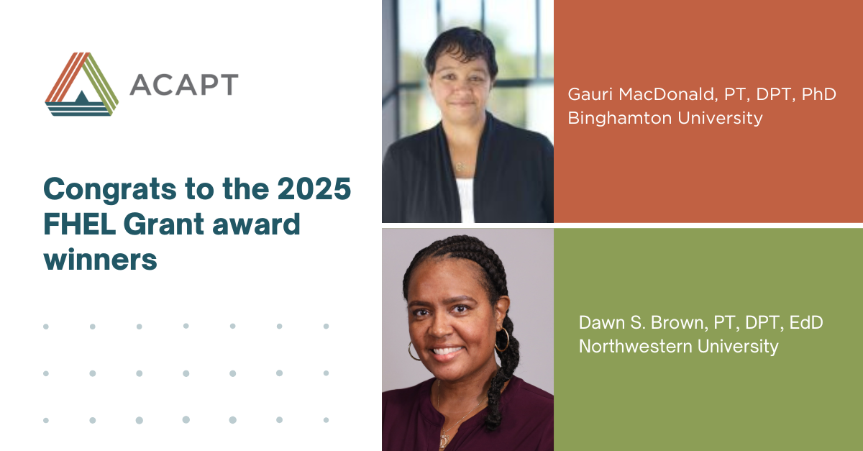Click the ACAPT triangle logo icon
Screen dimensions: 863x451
[82, 84]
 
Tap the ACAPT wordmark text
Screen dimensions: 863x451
[184, 84]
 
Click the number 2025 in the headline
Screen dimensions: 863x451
[314, 189]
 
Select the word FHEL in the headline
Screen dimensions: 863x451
[80, 224]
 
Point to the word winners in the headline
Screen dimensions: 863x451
[101, 260]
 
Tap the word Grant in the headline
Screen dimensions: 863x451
[164, 224]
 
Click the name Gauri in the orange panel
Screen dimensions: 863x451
[590, 94]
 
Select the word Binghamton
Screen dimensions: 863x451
[619, 118]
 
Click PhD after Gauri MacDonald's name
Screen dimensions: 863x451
[818, 94]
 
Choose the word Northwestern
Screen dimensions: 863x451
[635, 346]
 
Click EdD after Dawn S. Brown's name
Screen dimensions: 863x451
[806, 323]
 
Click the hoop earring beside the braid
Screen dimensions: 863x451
[502, 340]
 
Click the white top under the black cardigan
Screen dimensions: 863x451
[465, 201]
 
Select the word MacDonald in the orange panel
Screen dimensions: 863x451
[668, 94]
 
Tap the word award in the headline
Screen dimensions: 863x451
[256, 224]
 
